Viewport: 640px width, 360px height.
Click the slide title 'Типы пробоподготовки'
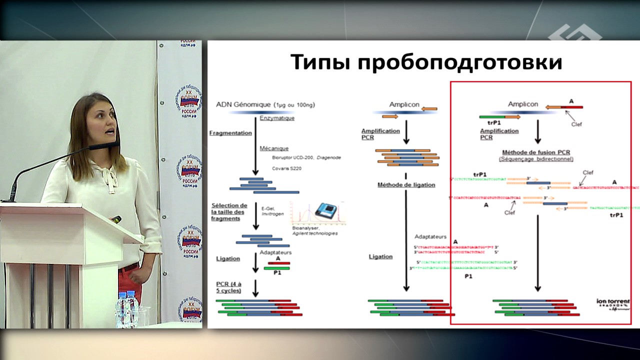(426, 62)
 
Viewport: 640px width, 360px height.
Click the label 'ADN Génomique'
(243, 105)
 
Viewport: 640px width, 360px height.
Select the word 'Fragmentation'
(230, 133)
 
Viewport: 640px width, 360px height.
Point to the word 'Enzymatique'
(277, 118)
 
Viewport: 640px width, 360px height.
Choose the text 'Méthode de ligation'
(406, 185)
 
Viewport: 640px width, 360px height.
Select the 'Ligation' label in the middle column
(380, 256)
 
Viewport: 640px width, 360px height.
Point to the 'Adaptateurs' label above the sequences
(430, 236)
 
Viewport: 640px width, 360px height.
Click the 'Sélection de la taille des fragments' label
(229, 212)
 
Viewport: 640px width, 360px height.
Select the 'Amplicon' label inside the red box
(522, 104)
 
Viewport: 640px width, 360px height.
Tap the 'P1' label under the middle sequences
(468, 276)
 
